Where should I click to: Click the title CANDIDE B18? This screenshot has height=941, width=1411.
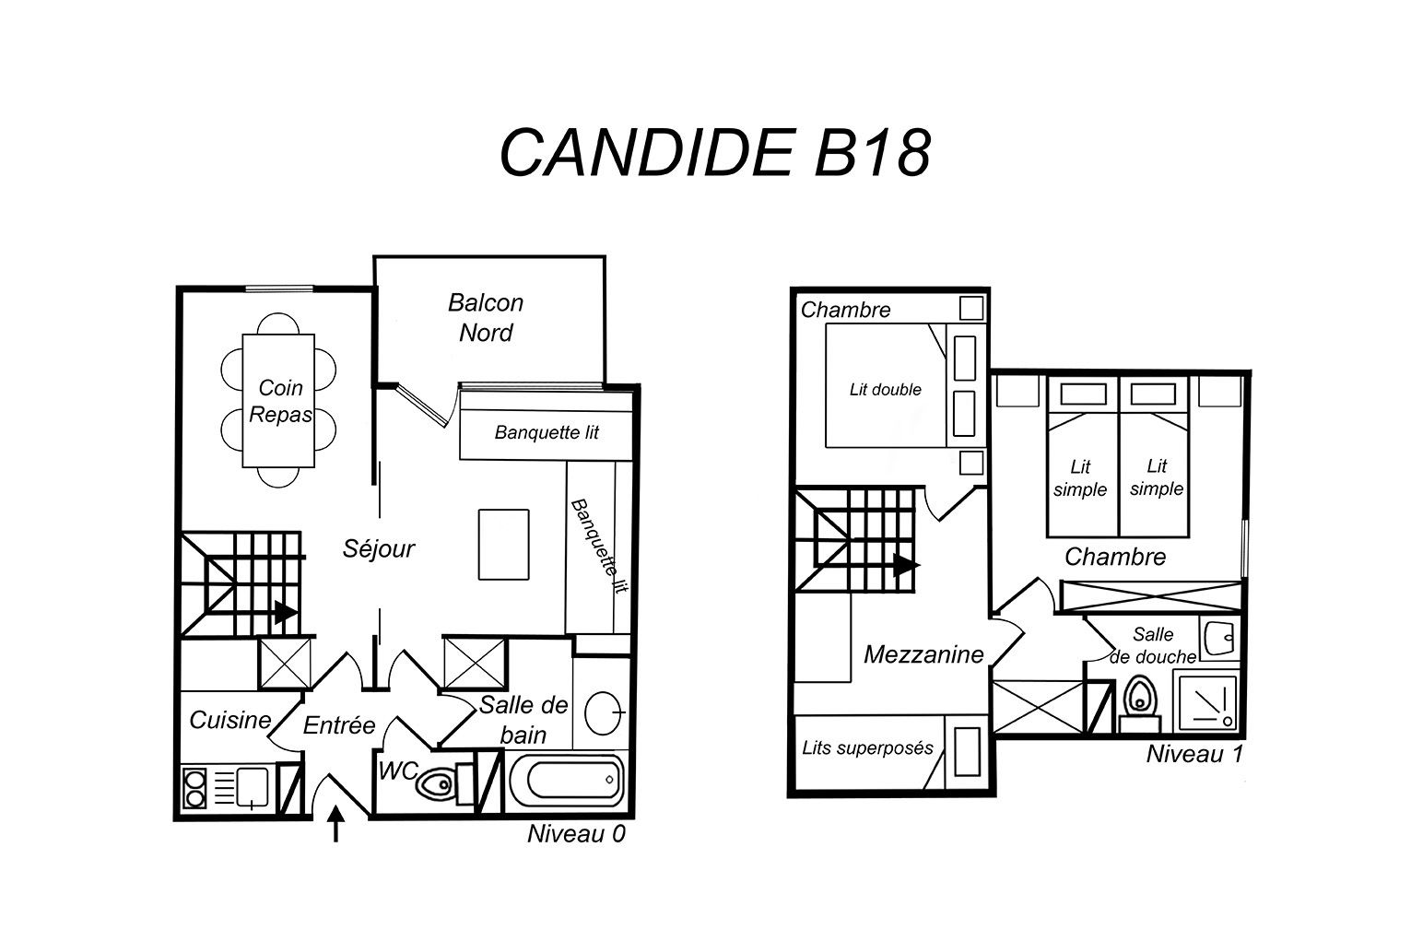click(715, 153)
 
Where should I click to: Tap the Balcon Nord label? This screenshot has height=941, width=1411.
click(486, 317)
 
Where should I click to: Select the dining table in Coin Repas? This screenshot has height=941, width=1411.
click(278, 401)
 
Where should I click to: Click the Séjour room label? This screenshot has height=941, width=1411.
click(379, 548)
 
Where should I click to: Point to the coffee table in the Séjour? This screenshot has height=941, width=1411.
click(503, 544)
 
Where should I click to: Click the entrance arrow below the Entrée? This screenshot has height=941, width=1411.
click(335, 823)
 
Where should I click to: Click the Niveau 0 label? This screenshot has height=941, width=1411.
click(576, 834)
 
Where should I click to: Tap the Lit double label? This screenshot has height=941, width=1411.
click(885, 389)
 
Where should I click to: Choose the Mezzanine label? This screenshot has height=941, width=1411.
click(923, 654)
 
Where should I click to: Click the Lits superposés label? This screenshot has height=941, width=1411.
click(867, 748)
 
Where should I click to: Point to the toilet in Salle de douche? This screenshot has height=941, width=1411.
click(1140, 703)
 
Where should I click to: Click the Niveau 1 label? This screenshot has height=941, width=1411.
click(1194, 754)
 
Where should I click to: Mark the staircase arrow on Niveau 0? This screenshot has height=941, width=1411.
click(286, 612)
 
